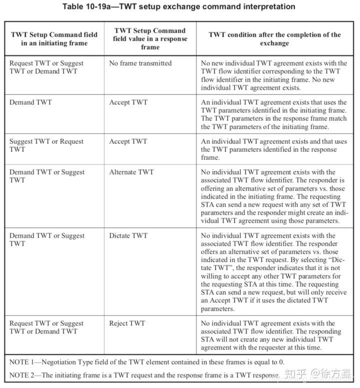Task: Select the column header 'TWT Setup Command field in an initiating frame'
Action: click(x=54, y=39)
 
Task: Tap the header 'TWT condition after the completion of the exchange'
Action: click(x=274, y=39)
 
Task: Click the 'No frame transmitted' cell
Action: click(x=140, y=63)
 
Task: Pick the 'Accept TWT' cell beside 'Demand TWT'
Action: click(x=128, y=102)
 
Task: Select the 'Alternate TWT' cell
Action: click(x=131, y=172)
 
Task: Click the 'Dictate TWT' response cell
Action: click(x=128, y=235)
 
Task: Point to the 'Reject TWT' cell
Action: click(x=127, y=323)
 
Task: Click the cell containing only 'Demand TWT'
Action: click(x=30, y=102)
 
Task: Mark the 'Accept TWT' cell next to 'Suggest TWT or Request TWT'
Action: click(x=128, y=141)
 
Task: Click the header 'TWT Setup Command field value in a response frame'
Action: click(x=150, y=38)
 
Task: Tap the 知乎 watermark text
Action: click(x=295, y=373)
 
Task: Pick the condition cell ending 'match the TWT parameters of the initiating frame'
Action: click(x=273, y=114)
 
